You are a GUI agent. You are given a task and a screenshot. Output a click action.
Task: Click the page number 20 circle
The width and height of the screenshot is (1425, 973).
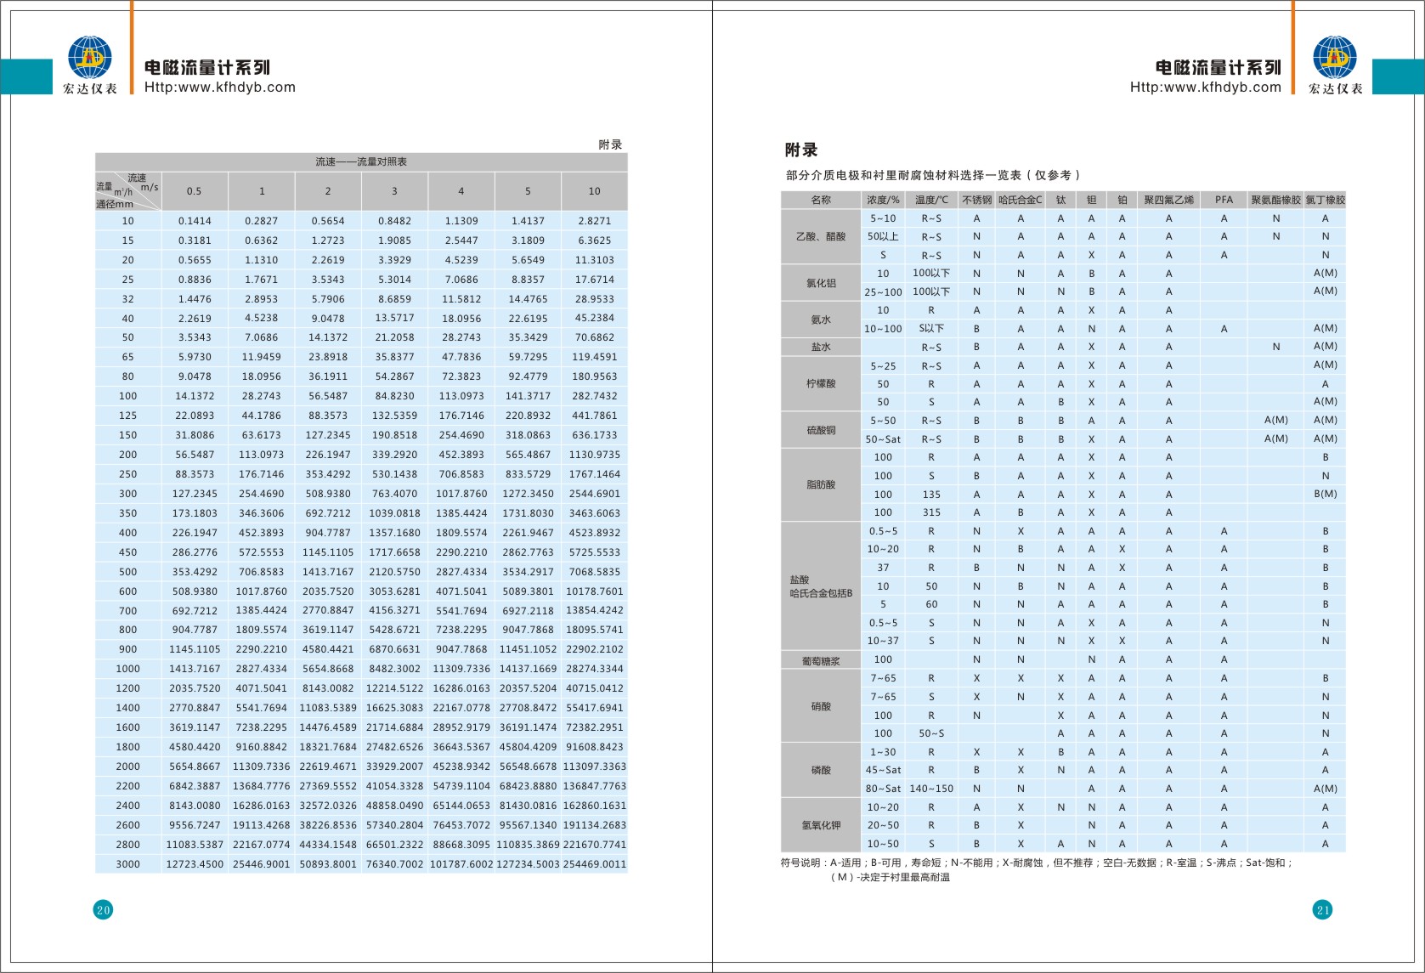point(103,910)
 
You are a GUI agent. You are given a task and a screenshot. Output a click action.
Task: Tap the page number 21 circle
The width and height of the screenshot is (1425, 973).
point(1322,910)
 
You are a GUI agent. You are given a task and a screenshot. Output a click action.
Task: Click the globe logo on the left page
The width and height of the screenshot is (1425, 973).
point(89,58)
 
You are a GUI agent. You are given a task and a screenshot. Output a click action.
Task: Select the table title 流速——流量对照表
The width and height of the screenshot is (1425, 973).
point(361,161)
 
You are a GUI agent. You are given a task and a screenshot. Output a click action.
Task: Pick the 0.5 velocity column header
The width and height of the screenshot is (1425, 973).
point(195,191)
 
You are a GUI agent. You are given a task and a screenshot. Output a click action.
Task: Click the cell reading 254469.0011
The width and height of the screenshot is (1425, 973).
point(595,864)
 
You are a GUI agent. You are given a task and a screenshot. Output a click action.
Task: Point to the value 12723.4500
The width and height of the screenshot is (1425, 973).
point(195,864)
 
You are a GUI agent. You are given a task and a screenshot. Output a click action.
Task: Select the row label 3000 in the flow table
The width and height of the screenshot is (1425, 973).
point(127,864)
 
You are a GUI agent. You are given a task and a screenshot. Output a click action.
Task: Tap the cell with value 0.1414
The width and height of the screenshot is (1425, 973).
point(195,221)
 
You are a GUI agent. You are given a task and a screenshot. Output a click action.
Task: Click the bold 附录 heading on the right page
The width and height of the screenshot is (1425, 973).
point(801,150)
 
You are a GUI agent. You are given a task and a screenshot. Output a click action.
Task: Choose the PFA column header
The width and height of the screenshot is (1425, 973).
point(1224,200)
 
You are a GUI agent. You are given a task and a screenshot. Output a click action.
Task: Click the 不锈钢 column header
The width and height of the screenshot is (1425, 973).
point(976,200)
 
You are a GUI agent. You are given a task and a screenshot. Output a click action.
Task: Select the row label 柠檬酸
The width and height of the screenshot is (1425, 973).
point(821,383)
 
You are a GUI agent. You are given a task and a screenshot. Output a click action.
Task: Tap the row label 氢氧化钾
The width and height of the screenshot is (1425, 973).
point(821,825)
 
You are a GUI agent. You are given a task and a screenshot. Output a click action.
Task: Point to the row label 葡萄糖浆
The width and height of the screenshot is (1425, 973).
point(821,660)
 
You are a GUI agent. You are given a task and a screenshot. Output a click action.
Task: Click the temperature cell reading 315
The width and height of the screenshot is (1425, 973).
point(931,512)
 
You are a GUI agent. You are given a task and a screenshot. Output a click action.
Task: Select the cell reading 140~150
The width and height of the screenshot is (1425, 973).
point(931,789)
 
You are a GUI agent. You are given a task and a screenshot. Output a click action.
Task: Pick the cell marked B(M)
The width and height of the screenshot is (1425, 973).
point(1325,494)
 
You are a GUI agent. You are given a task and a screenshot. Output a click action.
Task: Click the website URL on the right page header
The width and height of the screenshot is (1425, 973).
point(1205,87)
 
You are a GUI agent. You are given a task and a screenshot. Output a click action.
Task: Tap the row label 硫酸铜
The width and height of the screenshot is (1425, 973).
point(821,430)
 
